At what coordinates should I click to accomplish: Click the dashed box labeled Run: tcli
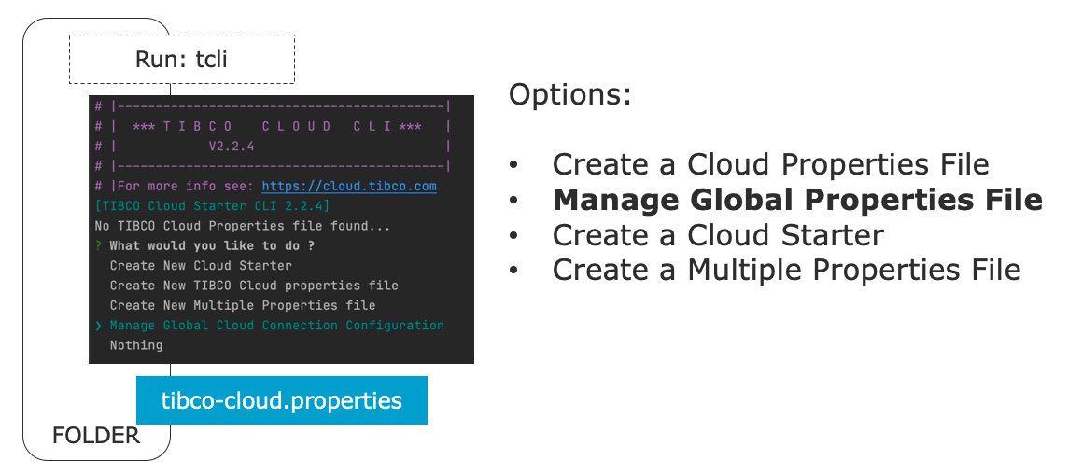click(x=181, y=60)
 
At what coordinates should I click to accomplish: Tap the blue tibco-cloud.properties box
click(x=282, y=399)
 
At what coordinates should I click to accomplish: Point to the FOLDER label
click(x=96, y=436)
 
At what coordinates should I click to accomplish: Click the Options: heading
click(x=570, y=95)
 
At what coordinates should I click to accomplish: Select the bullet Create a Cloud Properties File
click(x=771, y=165)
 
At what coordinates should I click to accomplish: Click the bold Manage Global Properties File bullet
click(x=797, y=200)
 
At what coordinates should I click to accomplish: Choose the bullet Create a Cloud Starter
click(x=718, y=235)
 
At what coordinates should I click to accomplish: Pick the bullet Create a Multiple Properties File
click(x=787, y=270)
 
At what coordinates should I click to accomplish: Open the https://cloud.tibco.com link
click(x=349, y=186)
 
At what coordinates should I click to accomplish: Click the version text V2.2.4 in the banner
click(x=232, y=147)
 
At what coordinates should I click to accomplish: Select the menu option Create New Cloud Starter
click(x=201, y=265)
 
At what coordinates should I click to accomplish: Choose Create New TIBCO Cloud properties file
click(x=254, y=286)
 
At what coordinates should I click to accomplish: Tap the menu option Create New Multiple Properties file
click(x=243, y=305)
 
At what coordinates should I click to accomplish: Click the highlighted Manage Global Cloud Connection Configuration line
click(x=276, y=326)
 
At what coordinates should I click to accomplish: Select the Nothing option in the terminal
click(x=136, y=345)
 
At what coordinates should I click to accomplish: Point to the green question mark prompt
click(x=99, y=246)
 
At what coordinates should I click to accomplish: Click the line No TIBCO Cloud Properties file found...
click(x=243, y=226)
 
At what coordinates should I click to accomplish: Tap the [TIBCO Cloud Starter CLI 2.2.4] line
click(x=213, y=206)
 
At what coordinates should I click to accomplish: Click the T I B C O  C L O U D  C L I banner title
click(x=276, y=127)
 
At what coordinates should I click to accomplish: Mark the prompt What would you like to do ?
click(x=212, y=246)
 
